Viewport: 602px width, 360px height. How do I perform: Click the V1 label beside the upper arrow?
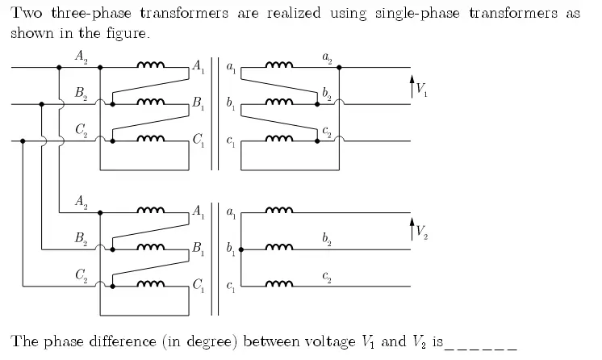tap(422, 87)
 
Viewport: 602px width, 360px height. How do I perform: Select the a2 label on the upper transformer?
tap(327, 58)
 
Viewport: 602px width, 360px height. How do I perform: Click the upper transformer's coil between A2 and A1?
tap(152, 66)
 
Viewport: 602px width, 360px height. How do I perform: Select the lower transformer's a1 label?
tap(232, 213)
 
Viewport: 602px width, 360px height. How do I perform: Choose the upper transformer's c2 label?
tap(327, 131)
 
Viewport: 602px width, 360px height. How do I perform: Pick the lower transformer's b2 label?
tap(327, 239)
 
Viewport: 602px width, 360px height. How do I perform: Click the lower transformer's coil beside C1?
tap(152, 284)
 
